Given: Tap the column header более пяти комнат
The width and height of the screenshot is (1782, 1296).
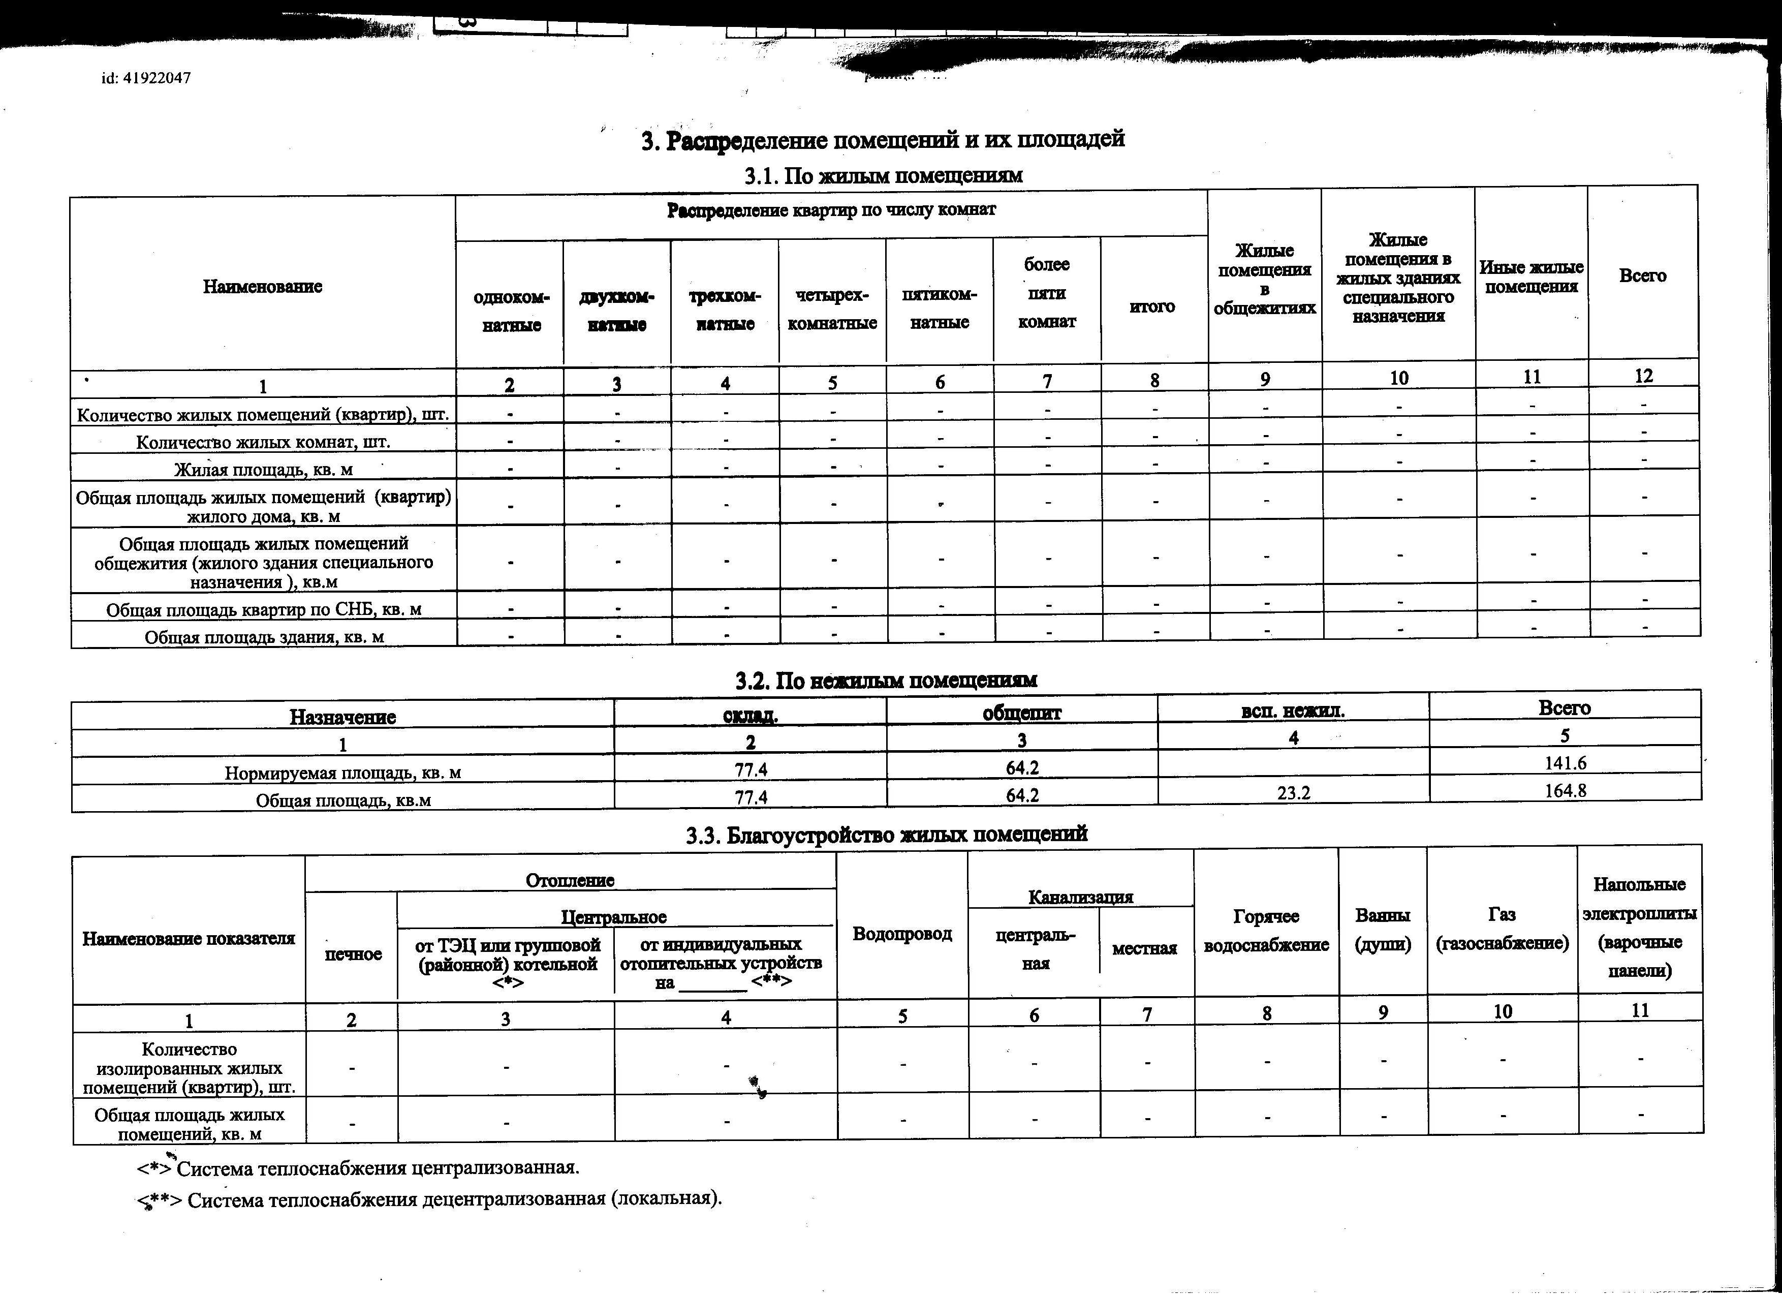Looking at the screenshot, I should tap(1047, 293).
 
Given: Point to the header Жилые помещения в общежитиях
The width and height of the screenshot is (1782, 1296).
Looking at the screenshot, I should tap(1264, 279).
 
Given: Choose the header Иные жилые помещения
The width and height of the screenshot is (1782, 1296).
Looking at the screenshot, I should tap(1530, 276).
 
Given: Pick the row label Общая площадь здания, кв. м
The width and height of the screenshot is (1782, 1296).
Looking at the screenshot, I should tap(264, 637).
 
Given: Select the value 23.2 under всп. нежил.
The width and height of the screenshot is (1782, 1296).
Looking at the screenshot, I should tap(1293, 793).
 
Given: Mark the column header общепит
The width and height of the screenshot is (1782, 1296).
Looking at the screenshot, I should tap(1021, 713).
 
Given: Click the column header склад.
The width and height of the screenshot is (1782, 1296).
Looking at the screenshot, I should tap(751, 715).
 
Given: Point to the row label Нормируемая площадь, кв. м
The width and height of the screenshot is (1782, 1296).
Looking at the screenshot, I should tap(342, 773).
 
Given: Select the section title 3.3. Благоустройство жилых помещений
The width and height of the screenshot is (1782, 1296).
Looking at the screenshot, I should tap(886, 835).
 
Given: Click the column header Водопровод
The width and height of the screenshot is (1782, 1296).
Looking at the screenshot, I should tap(902, 934).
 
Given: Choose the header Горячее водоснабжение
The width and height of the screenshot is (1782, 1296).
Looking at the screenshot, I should tap(1266, 931).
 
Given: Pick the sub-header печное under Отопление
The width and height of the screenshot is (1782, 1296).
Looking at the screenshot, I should tap(353, 954).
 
